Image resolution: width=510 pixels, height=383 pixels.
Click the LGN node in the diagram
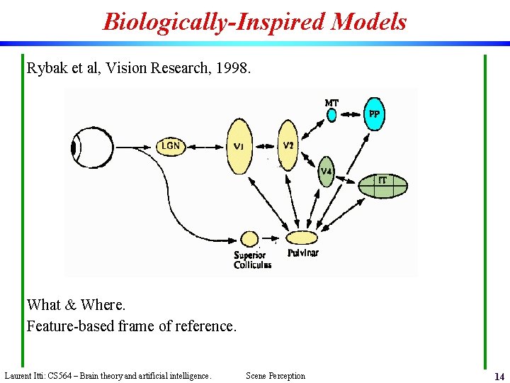171,146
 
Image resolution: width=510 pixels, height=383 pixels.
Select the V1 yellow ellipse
239,146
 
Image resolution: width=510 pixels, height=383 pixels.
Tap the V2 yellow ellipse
288,145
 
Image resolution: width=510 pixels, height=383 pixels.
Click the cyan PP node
374,113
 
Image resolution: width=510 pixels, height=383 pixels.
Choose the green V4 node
326,172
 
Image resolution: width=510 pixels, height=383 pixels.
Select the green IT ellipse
382,184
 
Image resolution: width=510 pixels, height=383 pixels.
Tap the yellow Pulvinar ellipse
302,238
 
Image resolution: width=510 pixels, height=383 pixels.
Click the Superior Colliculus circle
249,239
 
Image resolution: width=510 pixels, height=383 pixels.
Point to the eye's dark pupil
74,148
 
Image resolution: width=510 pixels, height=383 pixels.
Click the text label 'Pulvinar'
303,253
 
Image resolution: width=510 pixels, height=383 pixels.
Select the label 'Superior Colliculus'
252,260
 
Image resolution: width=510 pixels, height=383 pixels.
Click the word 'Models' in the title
368,21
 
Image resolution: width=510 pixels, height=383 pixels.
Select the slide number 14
499,376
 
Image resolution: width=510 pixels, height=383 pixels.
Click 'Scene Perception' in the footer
276,376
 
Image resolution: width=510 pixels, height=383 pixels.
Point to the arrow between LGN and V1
205,146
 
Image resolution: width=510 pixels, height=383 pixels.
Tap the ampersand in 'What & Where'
70,305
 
